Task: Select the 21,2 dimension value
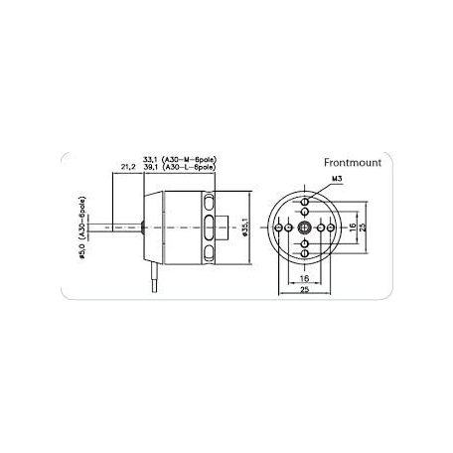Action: click(127, 167)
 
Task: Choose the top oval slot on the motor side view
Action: click(210, 205)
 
